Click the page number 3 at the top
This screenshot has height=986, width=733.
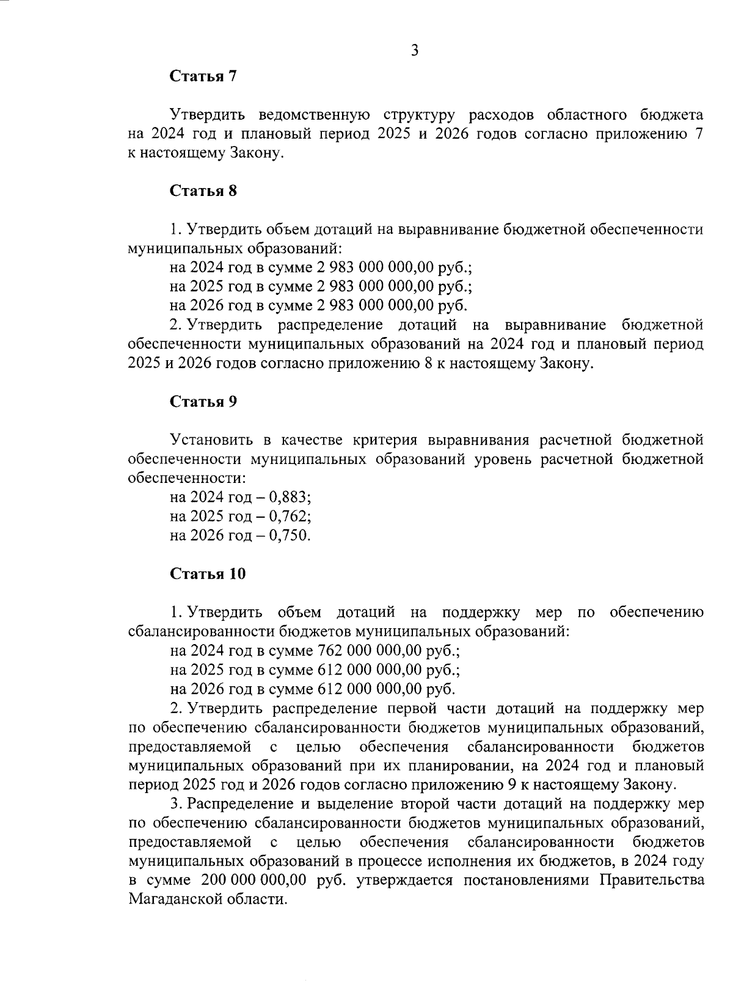tap(414, 51)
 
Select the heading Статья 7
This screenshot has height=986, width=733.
tap(203, 76)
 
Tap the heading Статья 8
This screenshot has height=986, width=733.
tap(203, 190)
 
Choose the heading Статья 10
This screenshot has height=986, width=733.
tap(208, 574)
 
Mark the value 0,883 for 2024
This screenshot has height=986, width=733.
tap(289, 498)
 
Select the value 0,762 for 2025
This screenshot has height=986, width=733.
tap(289, 517)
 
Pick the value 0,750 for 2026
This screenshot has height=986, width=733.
tap(289, 535)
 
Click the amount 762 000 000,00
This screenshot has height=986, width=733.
tap(370, 650)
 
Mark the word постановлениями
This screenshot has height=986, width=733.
tap(525, 880)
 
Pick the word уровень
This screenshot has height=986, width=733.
tap(503, 459)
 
